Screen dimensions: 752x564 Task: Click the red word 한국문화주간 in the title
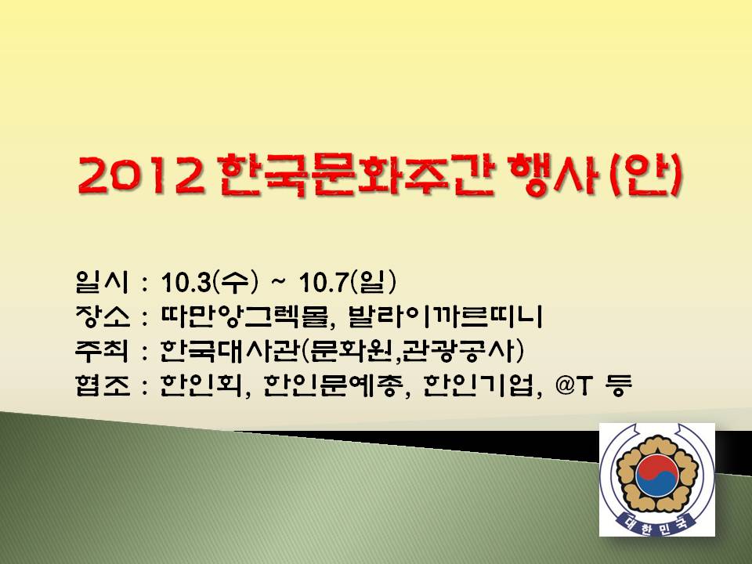pos(356,175)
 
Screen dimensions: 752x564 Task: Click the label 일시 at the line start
pos(102,282)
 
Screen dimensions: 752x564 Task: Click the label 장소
pos(102,316)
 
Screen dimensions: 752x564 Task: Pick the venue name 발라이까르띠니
pos(446,316)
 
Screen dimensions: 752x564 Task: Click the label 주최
pos(102,351)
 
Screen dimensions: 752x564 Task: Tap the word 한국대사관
pos(230,351)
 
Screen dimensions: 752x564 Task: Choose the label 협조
pos(102,385)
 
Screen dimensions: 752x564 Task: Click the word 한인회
pos(202,385)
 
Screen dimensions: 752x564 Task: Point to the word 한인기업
pos(478,385)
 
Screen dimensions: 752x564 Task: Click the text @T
pos(573,385)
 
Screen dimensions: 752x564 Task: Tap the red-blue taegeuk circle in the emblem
pos(657,476)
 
